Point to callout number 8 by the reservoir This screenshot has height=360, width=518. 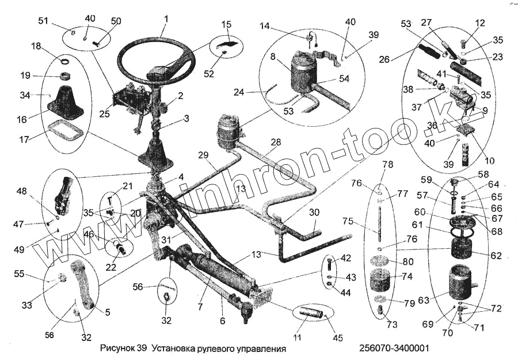click(x=273, y=58)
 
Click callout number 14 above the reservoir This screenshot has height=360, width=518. click(x=264, y=26)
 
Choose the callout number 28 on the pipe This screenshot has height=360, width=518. click(x=276, y=142)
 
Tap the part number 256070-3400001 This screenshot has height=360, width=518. click(x=394, y=349)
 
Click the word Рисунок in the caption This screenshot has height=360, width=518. click(x=117, y=349)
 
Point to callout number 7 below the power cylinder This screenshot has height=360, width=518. click(x=199, y=307)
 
